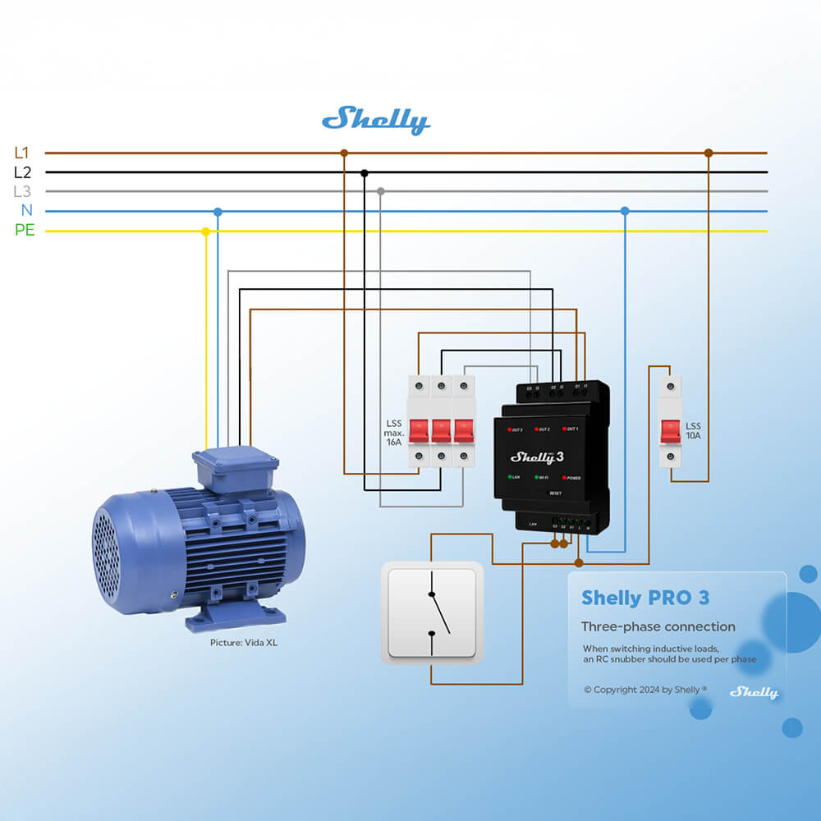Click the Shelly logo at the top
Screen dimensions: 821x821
pos(376,120)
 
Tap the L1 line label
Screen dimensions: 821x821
pos(22,153)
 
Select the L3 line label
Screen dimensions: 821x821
pos(22,192)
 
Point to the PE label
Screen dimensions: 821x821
pos(25,231)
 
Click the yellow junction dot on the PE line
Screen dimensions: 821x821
pos(206,232)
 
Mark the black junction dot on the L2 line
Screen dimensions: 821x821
pos(365,172)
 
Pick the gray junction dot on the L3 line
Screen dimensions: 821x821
pos(380,191)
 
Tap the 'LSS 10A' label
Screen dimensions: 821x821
pos(694,431)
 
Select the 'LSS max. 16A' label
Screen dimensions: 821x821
pos(394,432)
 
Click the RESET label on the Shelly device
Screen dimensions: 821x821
pos(555,493)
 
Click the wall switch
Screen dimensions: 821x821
pos(432,612)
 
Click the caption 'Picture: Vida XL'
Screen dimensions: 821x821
pos(244,643)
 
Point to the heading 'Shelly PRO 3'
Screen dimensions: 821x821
pos(645,598)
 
